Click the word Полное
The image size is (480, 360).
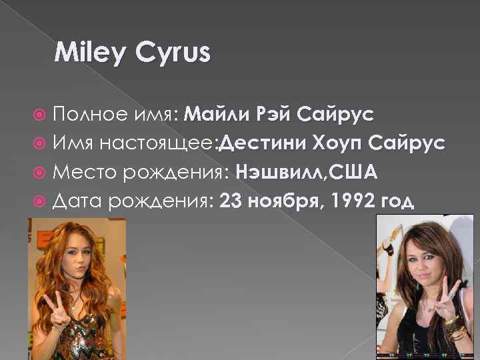pyautogui.click(x=85, y=114)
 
